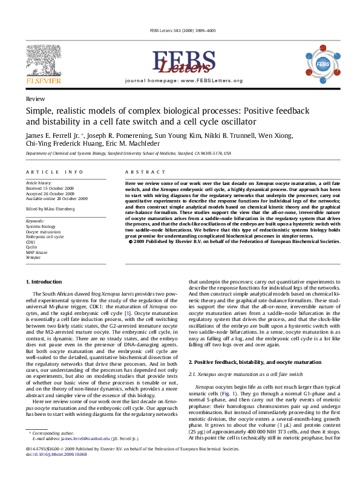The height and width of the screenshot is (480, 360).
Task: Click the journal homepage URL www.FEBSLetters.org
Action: coord(211,80)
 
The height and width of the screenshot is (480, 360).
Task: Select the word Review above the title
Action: coord(34,98)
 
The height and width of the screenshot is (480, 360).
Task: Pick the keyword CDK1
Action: coord(31,242)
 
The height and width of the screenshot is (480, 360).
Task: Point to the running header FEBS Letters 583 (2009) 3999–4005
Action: coord(180,31)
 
